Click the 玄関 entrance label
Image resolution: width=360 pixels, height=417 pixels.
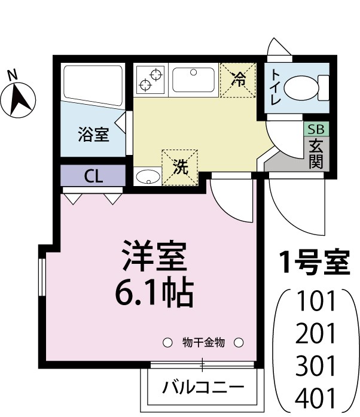tap(315, 153)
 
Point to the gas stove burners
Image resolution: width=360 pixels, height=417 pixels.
tap(151, 80)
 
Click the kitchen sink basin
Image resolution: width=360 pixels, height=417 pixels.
tap(193, 80)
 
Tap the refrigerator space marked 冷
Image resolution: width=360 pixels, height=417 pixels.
tap(238, 79)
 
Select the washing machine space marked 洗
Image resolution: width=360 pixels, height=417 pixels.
tap(179, 167)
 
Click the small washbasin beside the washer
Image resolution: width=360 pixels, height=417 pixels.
tap(147, 176)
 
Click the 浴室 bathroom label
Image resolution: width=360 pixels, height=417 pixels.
tap(93, 134)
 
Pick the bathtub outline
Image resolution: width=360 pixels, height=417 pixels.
tap(92, 84)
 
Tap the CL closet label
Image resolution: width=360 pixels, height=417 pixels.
tap(93, 176)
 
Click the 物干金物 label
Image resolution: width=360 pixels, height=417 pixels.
tap(203, 343)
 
